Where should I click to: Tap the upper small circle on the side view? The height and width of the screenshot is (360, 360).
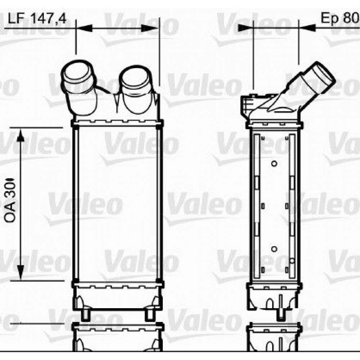274,164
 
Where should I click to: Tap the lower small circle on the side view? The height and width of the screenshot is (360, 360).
274,249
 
